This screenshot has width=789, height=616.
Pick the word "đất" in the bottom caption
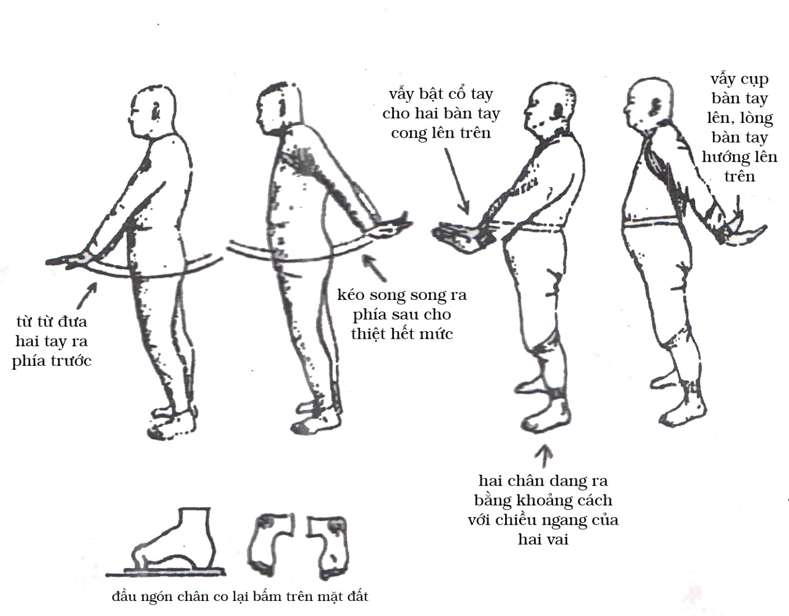coord(357,596)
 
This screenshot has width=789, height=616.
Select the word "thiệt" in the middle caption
coord(368,333)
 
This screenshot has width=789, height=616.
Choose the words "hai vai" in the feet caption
coord(543,540)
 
